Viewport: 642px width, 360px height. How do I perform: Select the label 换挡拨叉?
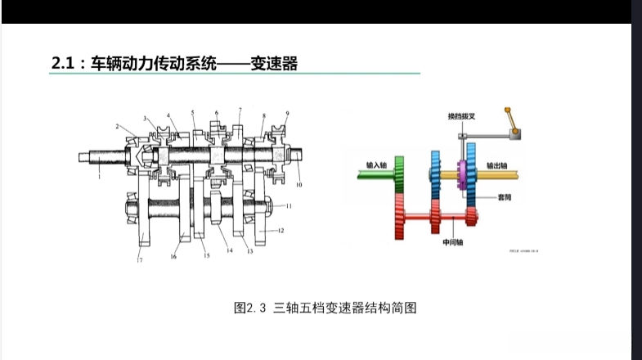pyautogui.click(x=463, y=117)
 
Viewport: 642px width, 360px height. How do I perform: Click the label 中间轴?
pyautogui.click(x=453, y=242)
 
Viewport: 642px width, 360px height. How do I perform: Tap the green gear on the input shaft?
pyautogui.click(x=401, y=173)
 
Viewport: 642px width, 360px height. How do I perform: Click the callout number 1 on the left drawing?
pyautogui.click(x=98, y=175)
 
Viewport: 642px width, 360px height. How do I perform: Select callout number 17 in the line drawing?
pyautogui.click(x=140, y=259)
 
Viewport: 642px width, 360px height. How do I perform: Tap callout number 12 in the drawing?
pyautogui.click(x=281, y=231)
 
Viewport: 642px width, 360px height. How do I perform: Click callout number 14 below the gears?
pyautogui.click(x=230, y=250)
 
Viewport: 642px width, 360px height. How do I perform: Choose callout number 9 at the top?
pyautogui.click(x=288, y=113)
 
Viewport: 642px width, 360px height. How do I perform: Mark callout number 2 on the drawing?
pyautogui.click(x=119, y=127)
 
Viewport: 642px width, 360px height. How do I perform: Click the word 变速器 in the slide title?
pyautogui.click(x=275, y=62)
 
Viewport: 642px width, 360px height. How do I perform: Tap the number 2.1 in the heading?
pyautogui.click(x=63, y=62)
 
